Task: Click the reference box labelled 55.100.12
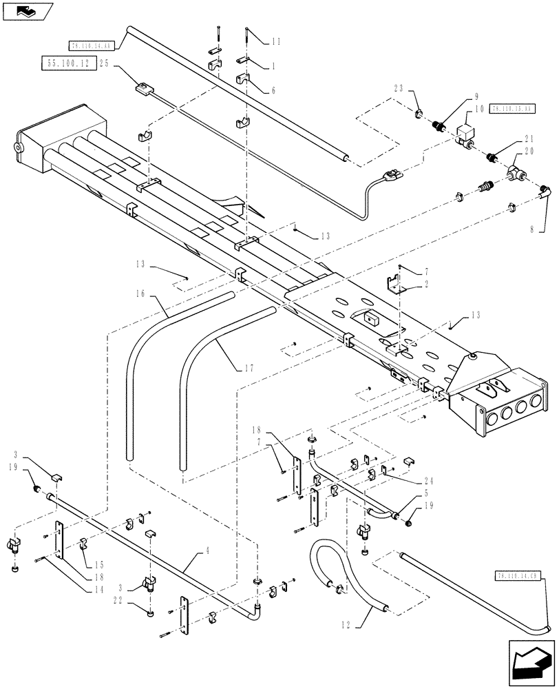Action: pos(68,63)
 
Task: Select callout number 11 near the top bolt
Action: pos(275,42)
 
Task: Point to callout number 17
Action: pos(249,368)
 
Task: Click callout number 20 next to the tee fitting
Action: pos(529,151)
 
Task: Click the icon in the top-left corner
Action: pos(26,10)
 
